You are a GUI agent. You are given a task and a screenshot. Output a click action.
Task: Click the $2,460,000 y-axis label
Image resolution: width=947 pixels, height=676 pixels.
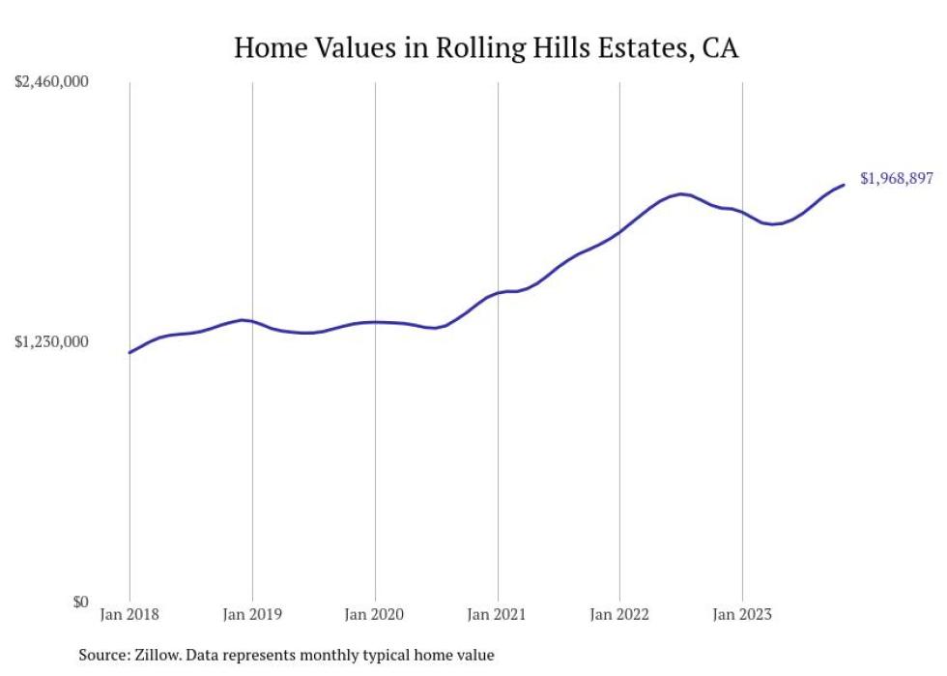[51, 82]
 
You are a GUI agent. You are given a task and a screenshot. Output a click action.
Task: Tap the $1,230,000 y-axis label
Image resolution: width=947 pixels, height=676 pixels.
[51, 341]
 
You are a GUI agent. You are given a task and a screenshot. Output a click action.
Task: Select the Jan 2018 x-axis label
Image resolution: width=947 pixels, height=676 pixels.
[129, 613]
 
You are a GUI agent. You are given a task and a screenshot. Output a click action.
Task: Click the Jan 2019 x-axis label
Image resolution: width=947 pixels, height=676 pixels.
[252, 613]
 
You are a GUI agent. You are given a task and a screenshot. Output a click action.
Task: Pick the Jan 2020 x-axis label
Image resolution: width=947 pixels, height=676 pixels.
[375, 613]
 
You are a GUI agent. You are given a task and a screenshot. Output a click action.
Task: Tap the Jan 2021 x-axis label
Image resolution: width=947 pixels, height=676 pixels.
[498, 613]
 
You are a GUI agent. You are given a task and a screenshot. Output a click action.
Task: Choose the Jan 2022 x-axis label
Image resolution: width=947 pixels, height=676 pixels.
[619, 613]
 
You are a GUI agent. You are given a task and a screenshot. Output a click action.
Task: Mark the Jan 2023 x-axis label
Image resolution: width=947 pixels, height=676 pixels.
[742, 613]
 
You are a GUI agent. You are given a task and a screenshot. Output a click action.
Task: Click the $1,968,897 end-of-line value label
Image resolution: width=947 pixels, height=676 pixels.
[896, 179]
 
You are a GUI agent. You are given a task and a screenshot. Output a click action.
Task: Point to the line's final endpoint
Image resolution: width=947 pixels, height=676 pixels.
[844, 185]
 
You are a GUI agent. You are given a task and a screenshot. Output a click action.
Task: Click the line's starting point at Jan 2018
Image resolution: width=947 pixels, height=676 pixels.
[129, 352]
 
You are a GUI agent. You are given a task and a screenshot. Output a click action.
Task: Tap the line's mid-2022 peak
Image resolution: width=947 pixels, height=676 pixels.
[682, 194]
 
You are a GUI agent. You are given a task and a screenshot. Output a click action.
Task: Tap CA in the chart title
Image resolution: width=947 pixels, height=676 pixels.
[720, 47]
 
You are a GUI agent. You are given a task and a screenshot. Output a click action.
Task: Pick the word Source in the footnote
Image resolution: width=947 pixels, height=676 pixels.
[102, 655]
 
